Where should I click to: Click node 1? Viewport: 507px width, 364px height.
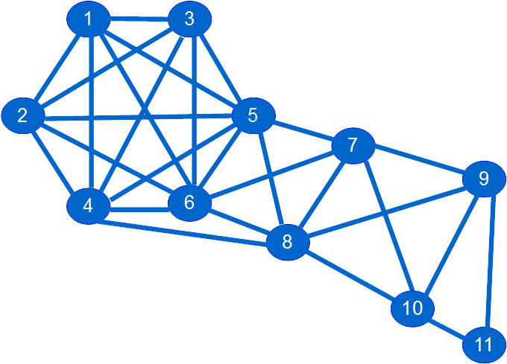coord(89,19)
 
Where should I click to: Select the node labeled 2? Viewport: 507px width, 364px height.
coord(22,115)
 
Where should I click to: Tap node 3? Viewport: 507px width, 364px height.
coord(189,19)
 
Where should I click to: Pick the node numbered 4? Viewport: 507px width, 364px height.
coord(88,205)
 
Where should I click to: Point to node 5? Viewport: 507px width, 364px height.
coord(253,115)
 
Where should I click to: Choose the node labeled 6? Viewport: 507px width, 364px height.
coord(189,202)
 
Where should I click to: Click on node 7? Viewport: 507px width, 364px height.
coord(353,144)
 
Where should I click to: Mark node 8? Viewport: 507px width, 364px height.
coord(288,241)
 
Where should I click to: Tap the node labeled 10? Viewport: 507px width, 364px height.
coord(412,307)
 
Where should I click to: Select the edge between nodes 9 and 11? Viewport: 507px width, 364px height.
coord(489,261)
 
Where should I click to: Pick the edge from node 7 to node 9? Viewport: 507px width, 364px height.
coord(418,161)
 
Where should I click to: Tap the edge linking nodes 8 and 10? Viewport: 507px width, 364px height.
coord(350,275)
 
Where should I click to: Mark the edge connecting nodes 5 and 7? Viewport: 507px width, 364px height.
coord(303,130)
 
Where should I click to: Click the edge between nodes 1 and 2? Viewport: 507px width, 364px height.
coord(56,67)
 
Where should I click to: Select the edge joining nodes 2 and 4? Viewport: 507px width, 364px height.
coord(55,160)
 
